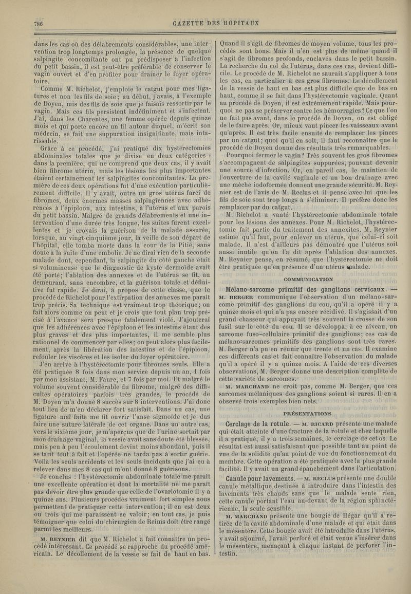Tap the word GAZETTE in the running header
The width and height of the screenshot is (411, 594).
(x=191, y=24)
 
